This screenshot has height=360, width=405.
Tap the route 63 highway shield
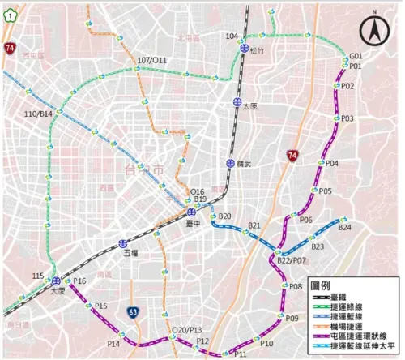[x=134, y=311]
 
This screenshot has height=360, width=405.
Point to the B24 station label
[x=345, y=228]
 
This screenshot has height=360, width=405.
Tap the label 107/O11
[x=151, y=60]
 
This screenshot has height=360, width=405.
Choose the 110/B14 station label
[x=38, y=114]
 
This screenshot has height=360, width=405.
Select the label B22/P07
[x=292, y=261]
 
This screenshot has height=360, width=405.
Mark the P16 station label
[x=79, y=281]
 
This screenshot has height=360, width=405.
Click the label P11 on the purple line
[x=241, y=354]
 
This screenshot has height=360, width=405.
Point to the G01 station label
[x=356, y=56]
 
